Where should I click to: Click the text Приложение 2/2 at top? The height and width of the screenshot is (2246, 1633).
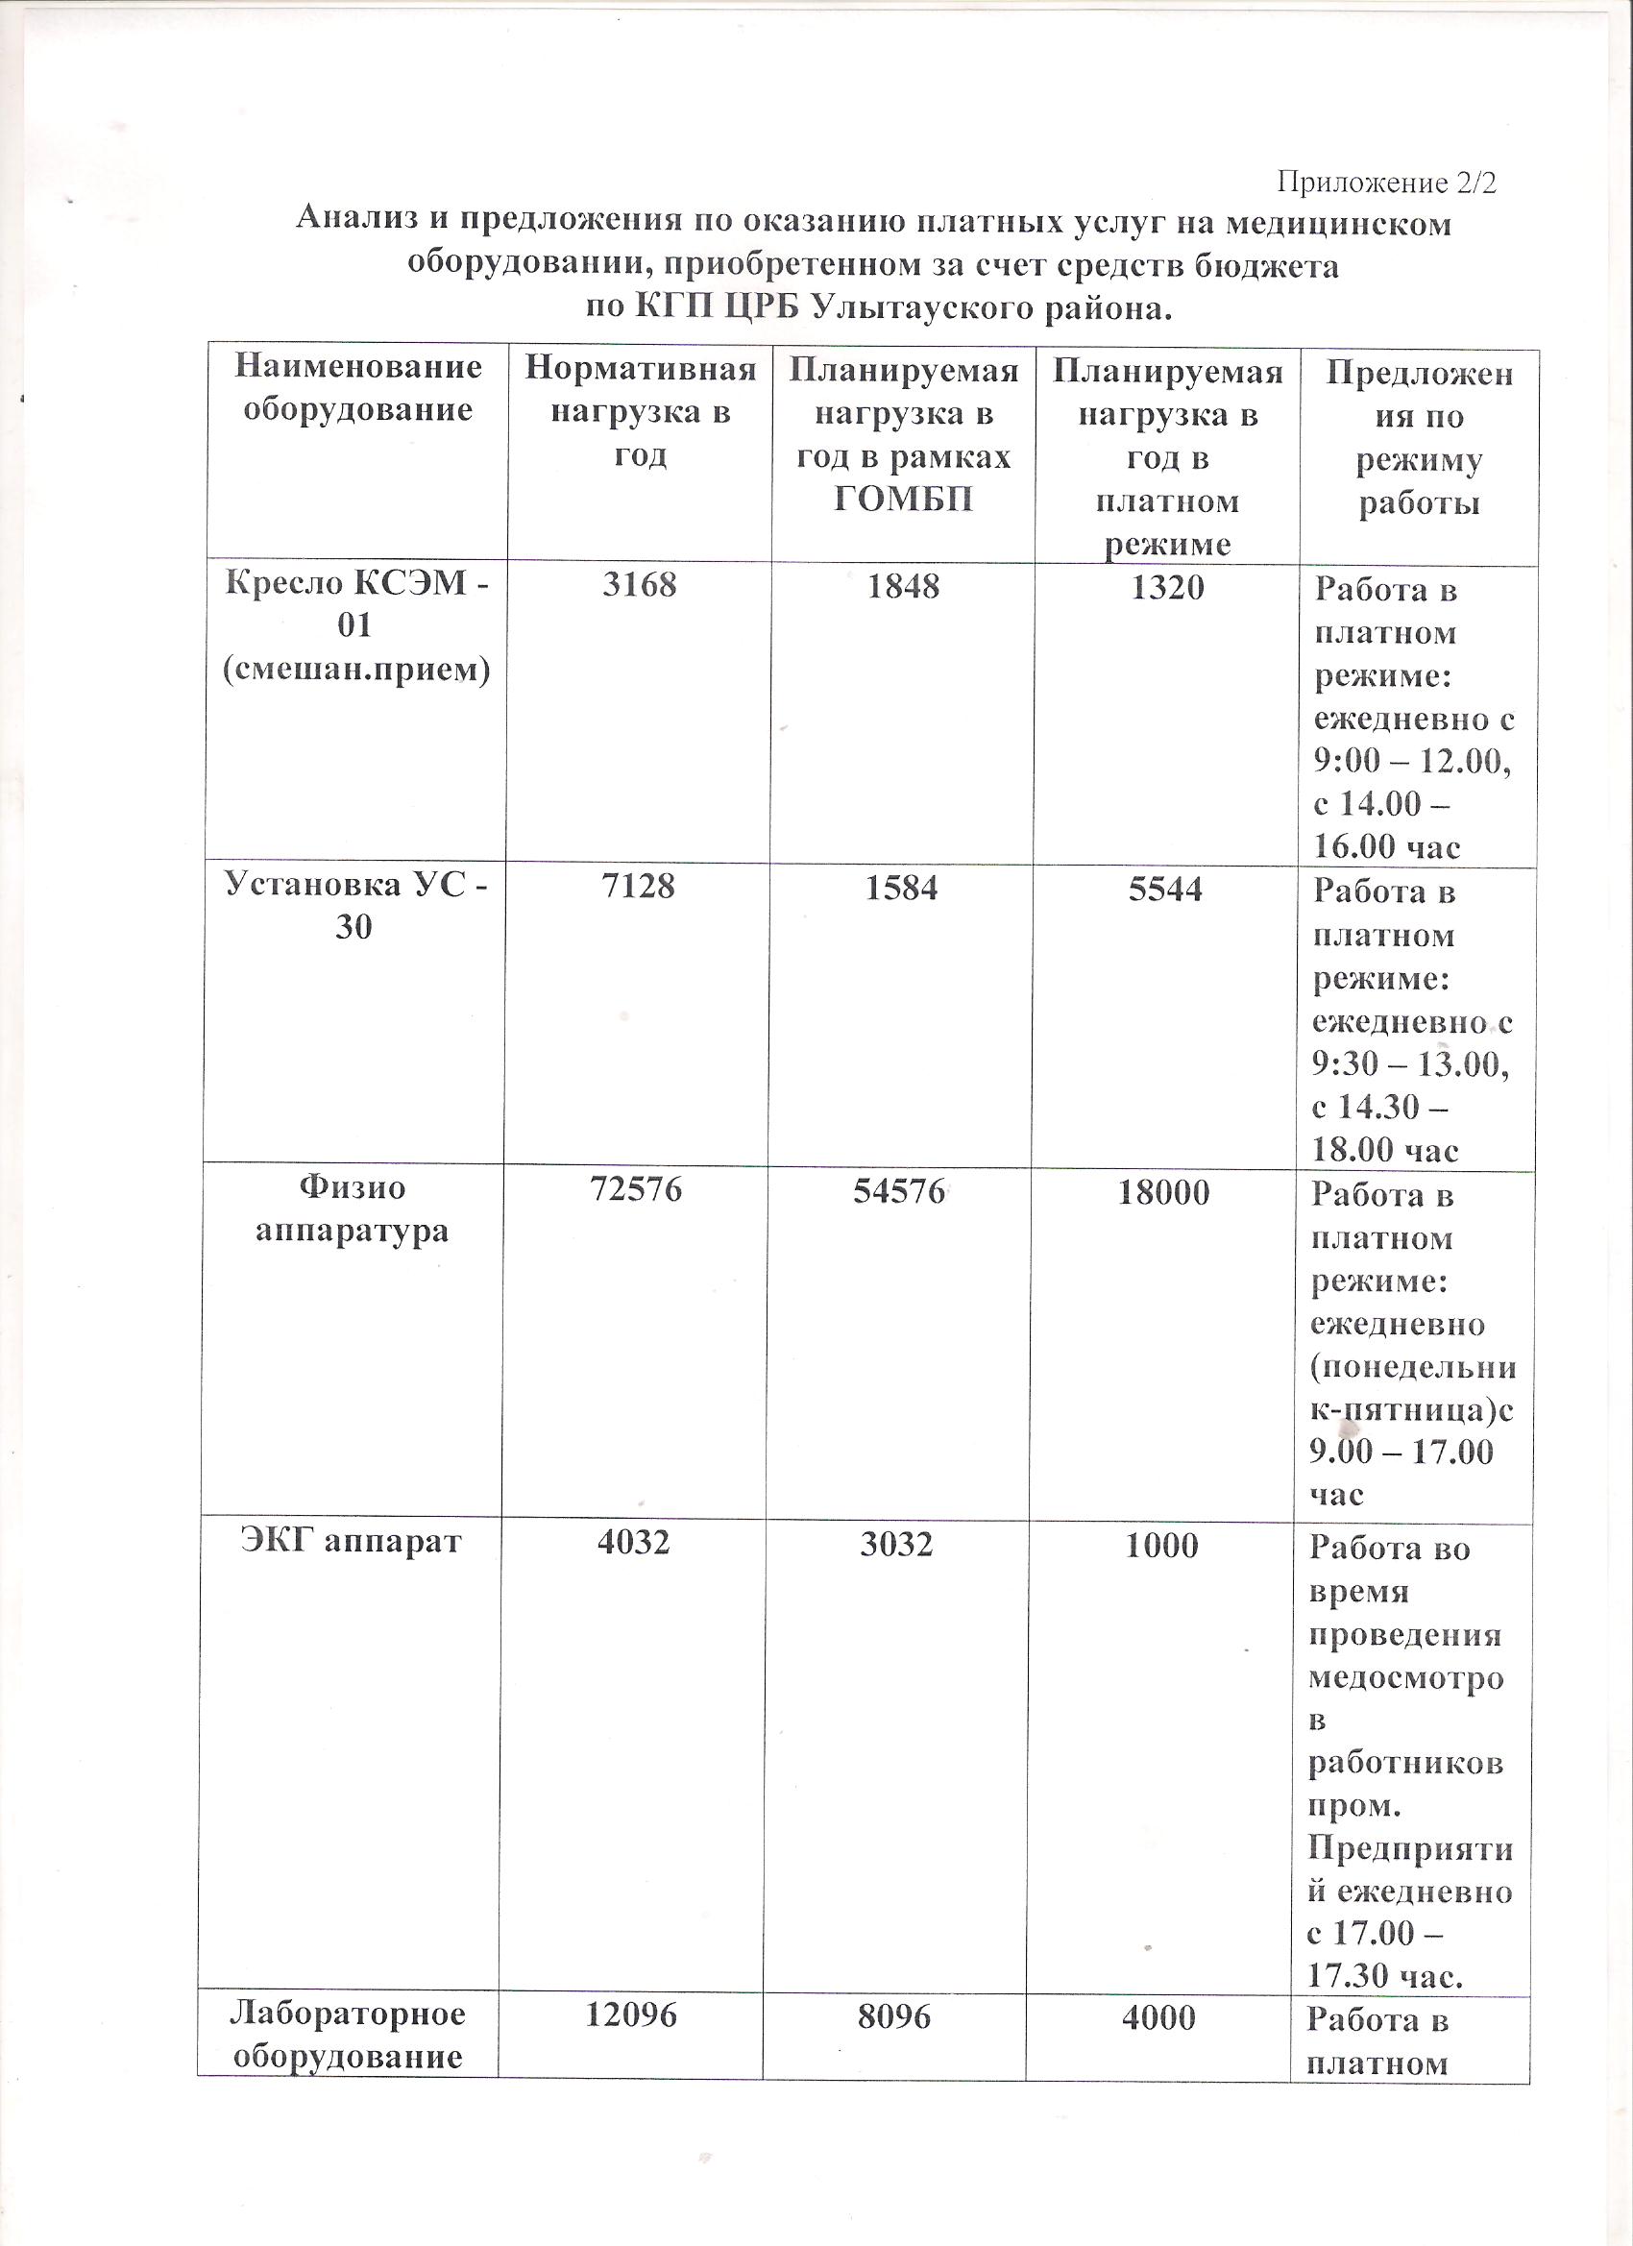[x=1385, y=183]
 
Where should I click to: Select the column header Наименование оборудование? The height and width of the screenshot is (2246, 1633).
[x=357, y=388]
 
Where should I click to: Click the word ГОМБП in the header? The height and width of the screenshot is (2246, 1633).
[x=903, y=500]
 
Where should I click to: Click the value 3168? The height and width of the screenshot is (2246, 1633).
[x=640, y=584]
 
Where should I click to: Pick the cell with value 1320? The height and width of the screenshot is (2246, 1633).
[x=1167, y=587]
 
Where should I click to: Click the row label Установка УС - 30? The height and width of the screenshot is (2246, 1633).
[x=355, y=905]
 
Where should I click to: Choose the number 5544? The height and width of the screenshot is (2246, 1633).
[x=1165, y=889]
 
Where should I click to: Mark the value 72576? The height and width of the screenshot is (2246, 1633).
[x=636, y=1189]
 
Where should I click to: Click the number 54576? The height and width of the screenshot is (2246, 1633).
[x=899, y=1190]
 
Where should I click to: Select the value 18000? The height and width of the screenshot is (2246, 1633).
[x=1163, y=1192]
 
